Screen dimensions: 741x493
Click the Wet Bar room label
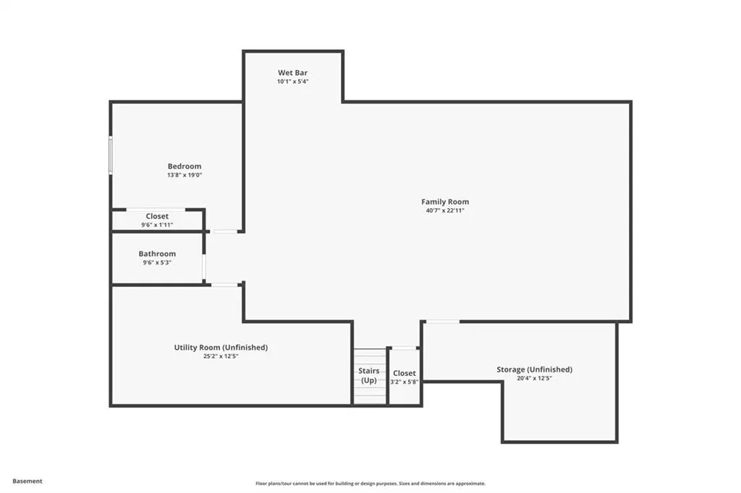point(292,73)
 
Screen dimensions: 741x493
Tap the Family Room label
point(445,202)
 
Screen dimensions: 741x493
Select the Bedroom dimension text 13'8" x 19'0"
point(185,175)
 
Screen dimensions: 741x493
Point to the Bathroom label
point(157,254)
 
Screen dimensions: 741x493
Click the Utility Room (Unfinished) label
point(221,348)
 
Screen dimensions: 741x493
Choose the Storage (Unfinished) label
point(535,369)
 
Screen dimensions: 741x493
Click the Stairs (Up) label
point(368,375)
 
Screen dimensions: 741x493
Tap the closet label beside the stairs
point(404,373)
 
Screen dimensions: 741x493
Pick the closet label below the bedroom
point(157,216)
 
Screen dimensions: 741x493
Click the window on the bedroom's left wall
point(111,155)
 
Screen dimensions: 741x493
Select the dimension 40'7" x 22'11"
point(445,210)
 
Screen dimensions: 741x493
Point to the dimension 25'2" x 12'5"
point(221,356)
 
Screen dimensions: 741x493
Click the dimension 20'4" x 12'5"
point(535,378)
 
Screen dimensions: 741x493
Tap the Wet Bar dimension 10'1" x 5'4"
point(292,81)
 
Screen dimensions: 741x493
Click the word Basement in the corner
point(27,481)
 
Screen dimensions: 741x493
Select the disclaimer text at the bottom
point(370,484)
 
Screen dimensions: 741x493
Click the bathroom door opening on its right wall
point(204,267)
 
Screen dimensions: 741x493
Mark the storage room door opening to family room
point(443,322)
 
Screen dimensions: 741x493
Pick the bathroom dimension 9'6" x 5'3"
point(157,262)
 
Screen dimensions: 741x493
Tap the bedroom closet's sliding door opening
point(156,209)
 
